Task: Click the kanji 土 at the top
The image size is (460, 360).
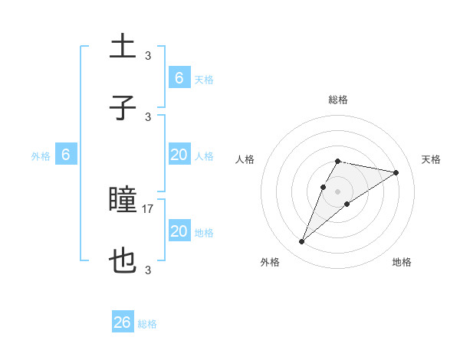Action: point(123,47)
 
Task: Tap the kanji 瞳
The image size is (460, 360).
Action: point(123,201)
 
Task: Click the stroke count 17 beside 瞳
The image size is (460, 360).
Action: point(148,208)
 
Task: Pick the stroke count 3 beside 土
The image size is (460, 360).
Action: point(148,55)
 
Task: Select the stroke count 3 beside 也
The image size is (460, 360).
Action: point(148,270)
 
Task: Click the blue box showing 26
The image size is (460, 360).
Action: point(123,322)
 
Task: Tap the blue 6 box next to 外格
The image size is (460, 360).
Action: point(66,155)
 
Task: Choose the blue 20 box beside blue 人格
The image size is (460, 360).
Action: point(179,155)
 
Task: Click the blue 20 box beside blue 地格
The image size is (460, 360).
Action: point(179,231)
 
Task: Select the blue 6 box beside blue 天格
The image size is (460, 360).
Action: point(179,78)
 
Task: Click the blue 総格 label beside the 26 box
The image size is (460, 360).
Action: point(147,324)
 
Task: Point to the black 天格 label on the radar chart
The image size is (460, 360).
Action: point(432,159)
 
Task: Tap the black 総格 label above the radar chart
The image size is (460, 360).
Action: point(338,100)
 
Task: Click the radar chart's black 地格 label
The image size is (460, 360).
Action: point(402,262)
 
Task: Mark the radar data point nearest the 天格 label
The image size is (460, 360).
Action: point(396,172)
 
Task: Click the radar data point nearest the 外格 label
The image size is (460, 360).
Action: point(301,242)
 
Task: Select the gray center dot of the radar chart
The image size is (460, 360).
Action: point(338,191)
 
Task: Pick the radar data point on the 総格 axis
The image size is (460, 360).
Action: point(338,161)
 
